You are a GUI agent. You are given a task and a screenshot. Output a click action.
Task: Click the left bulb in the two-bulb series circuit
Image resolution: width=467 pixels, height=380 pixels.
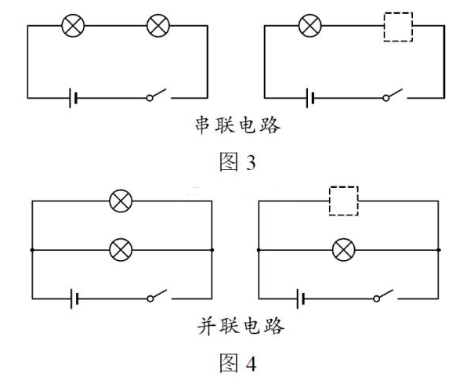(73, 26)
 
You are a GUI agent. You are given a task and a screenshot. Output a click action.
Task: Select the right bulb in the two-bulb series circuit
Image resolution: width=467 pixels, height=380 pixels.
(158, 26)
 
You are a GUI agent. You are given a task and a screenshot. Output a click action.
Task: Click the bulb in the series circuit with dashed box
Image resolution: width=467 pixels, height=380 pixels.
(310, 26)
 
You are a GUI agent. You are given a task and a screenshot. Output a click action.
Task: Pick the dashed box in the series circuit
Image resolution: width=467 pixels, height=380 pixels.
(396, 27)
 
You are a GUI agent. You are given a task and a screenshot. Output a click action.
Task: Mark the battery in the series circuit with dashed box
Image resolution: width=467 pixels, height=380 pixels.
(311, 99)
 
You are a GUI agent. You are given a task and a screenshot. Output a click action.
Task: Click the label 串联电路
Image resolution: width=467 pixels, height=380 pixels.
(236, 125)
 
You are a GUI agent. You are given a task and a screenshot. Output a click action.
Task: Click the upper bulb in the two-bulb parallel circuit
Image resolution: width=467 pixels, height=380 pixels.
(121, 201)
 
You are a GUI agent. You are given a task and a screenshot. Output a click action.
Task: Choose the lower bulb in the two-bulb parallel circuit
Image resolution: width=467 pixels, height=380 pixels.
(121, 250)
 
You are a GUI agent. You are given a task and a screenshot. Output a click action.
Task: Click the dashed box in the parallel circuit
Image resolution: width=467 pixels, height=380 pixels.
(342, 201)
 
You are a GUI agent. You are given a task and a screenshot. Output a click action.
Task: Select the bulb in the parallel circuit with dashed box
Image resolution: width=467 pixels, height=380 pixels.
(343, 250)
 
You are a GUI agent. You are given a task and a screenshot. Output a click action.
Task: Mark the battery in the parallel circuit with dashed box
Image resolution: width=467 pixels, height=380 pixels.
(300, 299)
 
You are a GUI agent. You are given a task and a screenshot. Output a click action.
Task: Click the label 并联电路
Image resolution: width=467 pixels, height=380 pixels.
(236, 326)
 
